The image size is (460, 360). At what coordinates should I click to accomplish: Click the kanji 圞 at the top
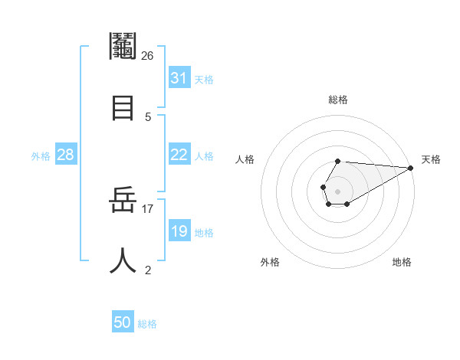pos(123,47)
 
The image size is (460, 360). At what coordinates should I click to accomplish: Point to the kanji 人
pos(123,260)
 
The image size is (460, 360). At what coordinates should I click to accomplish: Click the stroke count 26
pos(148,56)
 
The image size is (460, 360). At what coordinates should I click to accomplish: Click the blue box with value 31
pos(179,78)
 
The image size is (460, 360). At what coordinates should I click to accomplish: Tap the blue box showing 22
pos(179,155)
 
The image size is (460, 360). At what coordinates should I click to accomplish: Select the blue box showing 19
pos(179,231)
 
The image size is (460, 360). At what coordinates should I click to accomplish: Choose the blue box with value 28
pos(66,155)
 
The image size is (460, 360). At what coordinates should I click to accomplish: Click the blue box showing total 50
pos(123,322)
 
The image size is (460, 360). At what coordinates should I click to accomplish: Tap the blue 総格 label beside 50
pos(148,324)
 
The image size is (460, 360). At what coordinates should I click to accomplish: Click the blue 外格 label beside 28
pos(41,156)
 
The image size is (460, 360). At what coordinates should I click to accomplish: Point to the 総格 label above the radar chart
pos(338,100)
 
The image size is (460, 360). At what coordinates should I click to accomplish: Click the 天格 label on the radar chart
pos(431,159)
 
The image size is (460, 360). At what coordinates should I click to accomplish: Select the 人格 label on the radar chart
pos(245,159)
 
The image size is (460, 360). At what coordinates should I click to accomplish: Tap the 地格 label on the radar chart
pos(402,262)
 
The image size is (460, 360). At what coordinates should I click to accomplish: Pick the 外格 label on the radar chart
pos(270,262)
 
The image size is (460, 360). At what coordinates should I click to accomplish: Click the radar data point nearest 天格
pos(411,168)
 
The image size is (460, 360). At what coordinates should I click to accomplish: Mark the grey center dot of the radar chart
pos(337,191)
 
